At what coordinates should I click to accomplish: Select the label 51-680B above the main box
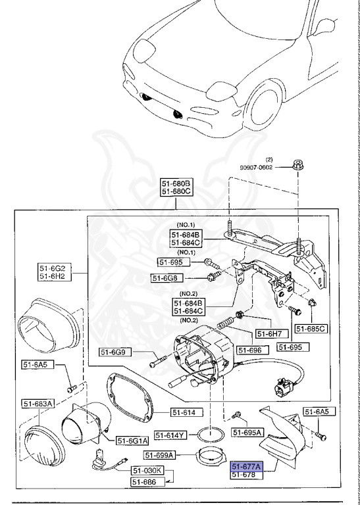tap(176, 183)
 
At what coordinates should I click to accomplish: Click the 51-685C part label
tap(311, 328)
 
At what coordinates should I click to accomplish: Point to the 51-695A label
tap(247, 432)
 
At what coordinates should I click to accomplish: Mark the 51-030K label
tap(147, 471)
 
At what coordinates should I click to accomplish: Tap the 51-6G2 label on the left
tap(54, 269)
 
